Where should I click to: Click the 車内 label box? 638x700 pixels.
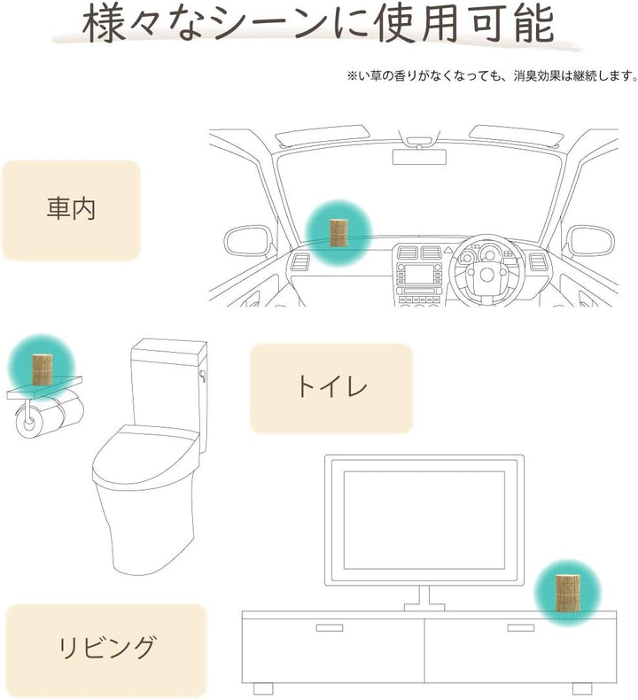(x=71, y=210)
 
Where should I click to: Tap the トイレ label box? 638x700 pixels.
(x=331, y=388)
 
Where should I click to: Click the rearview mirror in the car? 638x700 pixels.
(x=419, y=157)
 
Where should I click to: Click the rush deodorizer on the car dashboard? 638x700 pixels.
(x=338, y=232)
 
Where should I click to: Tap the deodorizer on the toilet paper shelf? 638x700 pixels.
(x=42, y=369)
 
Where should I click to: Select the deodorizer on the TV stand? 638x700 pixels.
(x=567, y=593)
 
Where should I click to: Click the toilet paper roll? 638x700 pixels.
(x=49, y=416)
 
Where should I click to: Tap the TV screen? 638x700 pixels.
(x=424, y=520)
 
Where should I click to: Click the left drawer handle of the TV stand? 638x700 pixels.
(x=330, y=627)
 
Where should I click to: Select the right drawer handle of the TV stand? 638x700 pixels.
(x=520, y=627)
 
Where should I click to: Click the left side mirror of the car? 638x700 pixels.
(x=248, y=242)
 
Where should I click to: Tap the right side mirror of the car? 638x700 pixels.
(x=590, y=242)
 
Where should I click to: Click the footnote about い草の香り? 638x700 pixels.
(x=492, y=76)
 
